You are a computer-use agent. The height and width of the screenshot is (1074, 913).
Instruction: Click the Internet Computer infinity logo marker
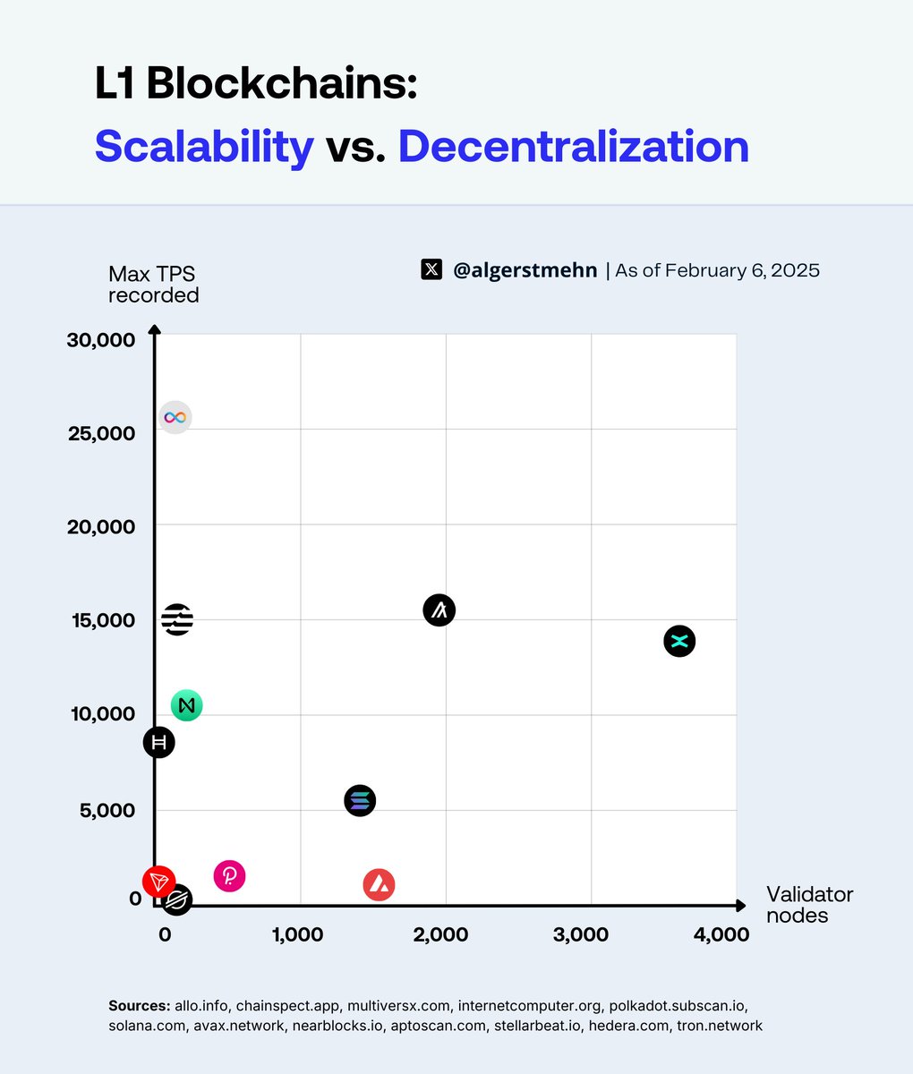pos(175,417)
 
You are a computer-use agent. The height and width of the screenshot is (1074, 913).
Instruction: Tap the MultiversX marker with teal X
pos(679,641)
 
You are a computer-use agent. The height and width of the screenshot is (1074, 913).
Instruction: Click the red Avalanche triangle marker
pos(380,885)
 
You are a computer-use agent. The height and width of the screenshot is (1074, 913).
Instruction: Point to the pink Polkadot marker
pos(230,875)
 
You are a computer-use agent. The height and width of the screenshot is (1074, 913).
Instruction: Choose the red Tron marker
pos(159,882)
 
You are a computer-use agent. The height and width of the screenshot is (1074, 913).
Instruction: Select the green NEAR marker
pos(187,705)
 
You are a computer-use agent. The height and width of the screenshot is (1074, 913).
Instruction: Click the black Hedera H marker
pos(159,742)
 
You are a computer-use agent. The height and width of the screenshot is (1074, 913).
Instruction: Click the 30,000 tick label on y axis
pos(101,340)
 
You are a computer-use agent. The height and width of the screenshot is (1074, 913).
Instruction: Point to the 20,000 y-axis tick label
pos(101,526)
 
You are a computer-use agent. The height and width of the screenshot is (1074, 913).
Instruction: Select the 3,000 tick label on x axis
pos(581,934)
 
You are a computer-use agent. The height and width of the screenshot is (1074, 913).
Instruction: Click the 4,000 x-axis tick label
pos(721,934)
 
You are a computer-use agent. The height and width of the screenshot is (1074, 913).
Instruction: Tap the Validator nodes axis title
pos(809,905)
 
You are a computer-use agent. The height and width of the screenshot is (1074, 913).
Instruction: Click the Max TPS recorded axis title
pos(153,284)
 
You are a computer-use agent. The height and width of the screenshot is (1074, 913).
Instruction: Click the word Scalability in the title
pos(204,147)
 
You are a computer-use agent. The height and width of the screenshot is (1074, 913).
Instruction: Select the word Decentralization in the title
pos(573,147)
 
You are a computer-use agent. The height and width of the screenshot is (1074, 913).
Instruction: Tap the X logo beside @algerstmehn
pos(431,269)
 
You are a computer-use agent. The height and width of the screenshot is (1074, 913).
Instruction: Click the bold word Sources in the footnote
pos(139,1005)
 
